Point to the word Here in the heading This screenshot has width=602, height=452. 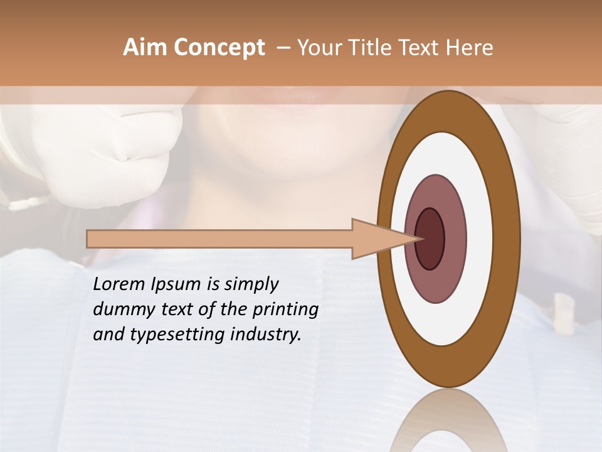click(470, 48)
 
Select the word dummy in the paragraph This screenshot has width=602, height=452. click(120, 309)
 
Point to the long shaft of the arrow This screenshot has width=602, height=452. click(219, 239)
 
